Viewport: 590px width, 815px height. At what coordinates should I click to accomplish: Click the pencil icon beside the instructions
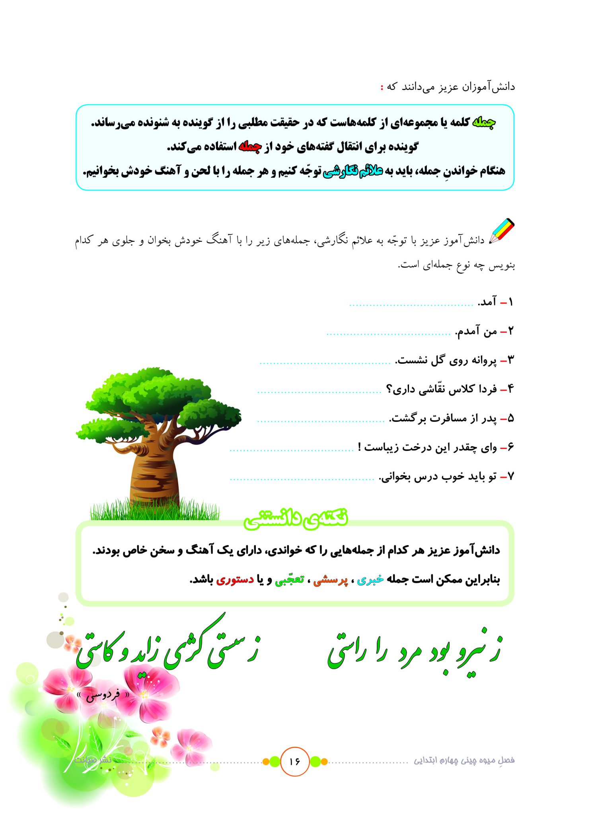pyautogui.click(x=502, y=231)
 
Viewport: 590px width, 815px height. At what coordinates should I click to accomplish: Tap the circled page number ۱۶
pyautogui.click(x=294, y=761)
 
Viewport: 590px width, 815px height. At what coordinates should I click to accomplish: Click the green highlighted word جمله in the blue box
pyautogui.click(x=483, y=123)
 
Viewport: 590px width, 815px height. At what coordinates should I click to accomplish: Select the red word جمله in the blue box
pyautogui.click(x=250, y=147)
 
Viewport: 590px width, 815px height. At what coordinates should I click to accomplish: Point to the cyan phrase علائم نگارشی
pyautogui.click(x=352, y=171)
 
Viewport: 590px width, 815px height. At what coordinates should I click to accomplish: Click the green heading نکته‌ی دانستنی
pyautogui.click(x=296, y=519)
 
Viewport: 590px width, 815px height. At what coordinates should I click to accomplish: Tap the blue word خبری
pyautogui.click(x=370, y=580)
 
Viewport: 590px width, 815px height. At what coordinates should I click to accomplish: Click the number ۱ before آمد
pyautogui.click(x=510, y=302)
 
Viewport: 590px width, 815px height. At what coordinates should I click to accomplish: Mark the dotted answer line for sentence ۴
pyautogui.click(x=319, y=392)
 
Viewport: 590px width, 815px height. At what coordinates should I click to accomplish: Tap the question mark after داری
pyautogui.click(x=389, y=389)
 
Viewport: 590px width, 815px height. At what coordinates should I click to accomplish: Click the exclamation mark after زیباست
pyautogui.click(x=360, y=447)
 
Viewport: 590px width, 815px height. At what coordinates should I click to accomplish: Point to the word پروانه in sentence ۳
pyautogui.click(x=483, y=361)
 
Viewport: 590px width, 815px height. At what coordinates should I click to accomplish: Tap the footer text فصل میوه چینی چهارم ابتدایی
pyautogui.click(x=464, y=760)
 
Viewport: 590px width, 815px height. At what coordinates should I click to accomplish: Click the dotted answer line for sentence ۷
pyautogui.click(x=302, y=479)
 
